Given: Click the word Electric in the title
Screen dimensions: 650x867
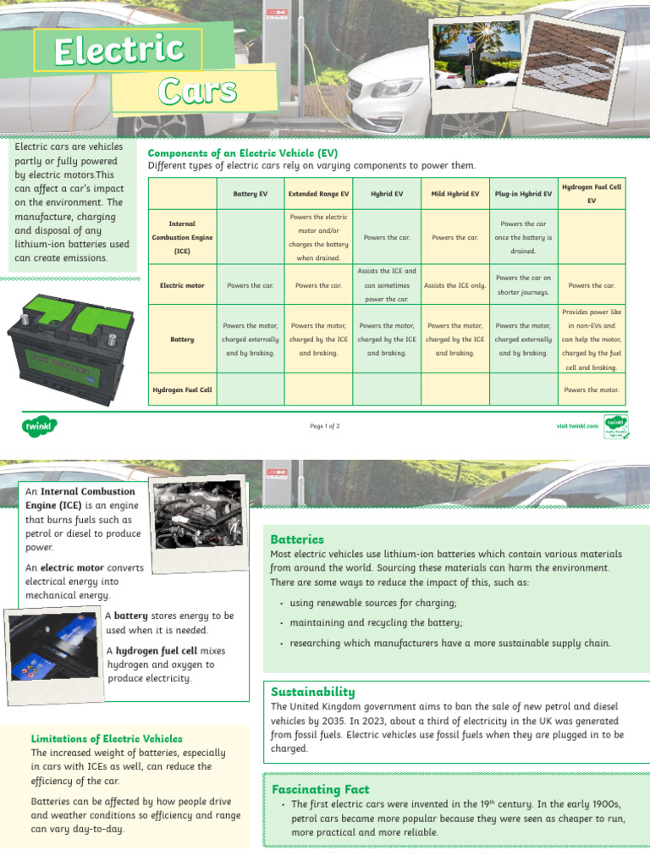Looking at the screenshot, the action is [x=118, y=51].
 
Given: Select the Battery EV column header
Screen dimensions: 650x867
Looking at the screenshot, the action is [x=251, y=194].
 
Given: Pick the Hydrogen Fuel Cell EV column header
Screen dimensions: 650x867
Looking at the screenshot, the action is [x=592, y=194].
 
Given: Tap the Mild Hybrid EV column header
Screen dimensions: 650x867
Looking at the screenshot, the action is [x=454, y=194].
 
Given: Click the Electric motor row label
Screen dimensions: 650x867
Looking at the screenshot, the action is [x=182, y=285].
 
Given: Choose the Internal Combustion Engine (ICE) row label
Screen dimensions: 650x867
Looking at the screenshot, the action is [x=182, y=238].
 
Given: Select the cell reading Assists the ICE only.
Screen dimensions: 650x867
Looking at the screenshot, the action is [x=454, y=285].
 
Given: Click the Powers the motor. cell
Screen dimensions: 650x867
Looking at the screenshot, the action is [x=592, y=390].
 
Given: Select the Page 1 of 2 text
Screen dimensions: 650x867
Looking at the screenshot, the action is [x=325, y=426].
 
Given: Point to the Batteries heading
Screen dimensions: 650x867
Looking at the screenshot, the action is [x=297, y=539].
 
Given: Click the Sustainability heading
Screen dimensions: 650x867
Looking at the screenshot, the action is [x=312, y=692].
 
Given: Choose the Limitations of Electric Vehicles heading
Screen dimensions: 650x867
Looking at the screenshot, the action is [x=107, y=738].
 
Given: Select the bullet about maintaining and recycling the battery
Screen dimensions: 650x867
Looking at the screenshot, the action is [x=376, y=623].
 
